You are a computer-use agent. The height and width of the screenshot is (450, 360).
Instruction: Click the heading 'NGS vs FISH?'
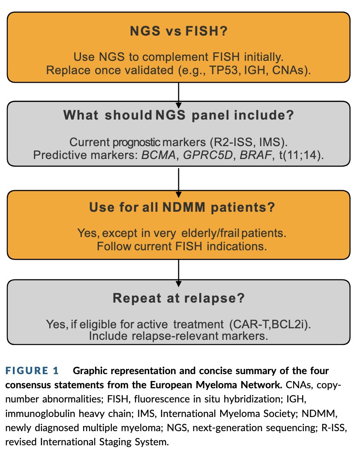[x=179, y=31]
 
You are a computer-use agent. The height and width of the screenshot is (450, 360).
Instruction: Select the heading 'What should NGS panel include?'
[x=179, y=115]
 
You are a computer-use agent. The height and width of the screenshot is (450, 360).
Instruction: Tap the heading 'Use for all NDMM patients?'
[x=182, y=207]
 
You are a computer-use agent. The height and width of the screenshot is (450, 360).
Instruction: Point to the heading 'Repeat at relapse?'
[x=179, y=298]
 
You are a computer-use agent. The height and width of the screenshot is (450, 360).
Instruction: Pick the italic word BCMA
[x=159, y=155]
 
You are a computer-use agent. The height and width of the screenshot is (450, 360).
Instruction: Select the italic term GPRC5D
[x=208, y=155]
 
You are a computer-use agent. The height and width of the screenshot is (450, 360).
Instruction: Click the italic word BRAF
[x=255, y=155]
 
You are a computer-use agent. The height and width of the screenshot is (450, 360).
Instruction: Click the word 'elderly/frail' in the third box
[x=210, y=233]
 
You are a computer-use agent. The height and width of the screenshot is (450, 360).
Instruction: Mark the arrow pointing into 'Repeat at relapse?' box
[x=179, y=273]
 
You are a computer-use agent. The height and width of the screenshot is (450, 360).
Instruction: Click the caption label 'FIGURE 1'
[x=32, y=371]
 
